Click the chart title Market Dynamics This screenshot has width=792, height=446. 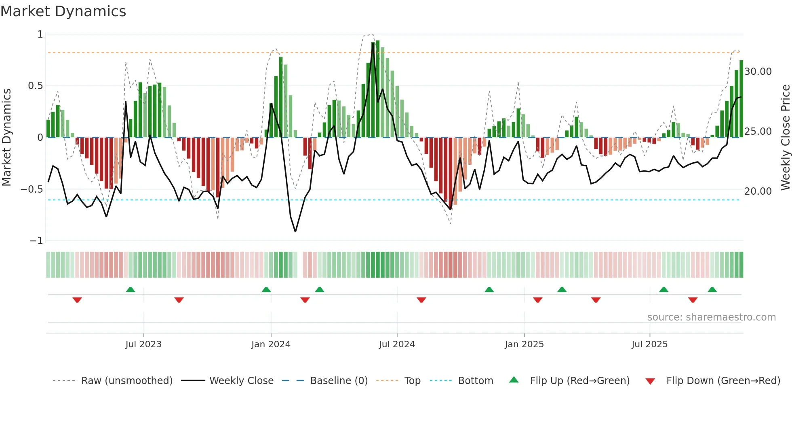[x=63, y=11]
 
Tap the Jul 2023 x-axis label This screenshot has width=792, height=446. [x=143, y=344]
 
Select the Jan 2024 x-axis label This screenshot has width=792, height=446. [x=271, y=344]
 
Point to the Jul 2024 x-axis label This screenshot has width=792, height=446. [x=397, y=344]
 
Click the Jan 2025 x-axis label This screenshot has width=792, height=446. [x=524, y=344]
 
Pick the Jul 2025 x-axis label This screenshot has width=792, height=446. [x=649, y=344]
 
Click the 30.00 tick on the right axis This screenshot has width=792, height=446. [x=758, y=72]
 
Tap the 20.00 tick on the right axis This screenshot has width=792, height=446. [x=758, y=191]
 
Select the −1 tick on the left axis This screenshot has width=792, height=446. [x=36, y=241]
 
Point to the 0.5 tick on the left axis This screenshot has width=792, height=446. [x=36, y=86]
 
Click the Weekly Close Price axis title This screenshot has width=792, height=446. [x=785, y=138]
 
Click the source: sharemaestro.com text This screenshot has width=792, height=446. [x=711, y=317]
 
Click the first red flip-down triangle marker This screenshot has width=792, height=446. [x=77, y=300]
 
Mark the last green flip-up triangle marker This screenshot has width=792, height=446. [x=712, y=289]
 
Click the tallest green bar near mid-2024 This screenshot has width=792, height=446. [x=377, y=89]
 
